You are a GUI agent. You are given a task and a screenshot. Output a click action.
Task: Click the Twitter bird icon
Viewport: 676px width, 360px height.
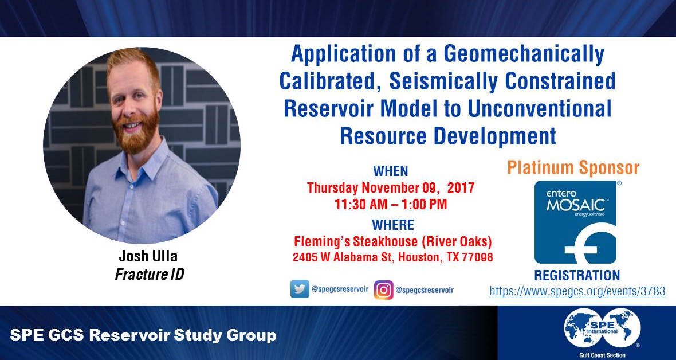click(x=300, y=289)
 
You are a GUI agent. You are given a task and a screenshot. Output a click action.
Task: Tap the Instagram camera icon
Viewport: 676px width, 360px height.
click(x=383, y=289)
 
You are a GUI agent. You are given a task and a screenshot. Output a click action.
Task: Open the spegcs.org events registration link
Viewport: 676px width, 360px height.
click(x=577, y=291)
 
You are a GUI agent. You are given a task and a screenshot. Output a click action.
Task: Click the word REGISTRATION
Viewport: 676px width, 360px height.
click(x=577, y=275)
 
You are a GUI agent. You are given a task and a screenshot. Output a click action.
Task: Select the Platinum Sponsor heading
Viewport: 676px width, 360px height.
click(x=573, y=168)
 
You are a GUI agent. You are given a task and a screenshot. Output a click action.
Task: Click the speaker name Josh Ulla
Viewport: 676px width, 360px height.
click(x=149, y=256)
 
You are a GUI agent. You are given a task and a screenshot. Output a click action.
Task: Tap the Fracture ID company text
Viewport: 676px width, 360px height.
click(x=150, y=274)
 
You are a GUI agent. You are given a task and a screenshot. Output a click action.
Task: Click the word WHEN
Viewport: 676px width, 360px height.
click(x=391, y=171)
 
